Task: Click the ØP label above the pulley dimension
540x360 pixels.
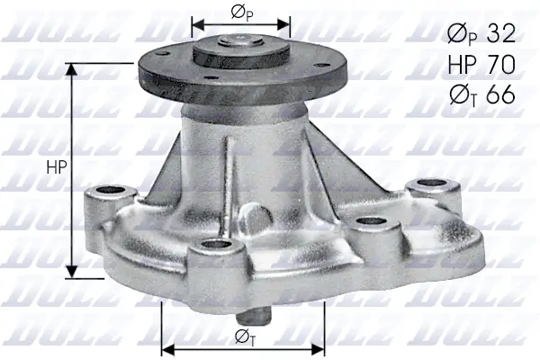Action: pos(240,13)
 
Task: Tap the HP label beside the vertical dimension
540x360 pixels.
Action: pos(55,166)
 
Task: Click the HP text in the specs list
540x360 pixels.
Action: pos(462,65)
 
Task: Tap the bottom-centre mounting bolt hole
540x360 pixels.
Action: pos(214,245)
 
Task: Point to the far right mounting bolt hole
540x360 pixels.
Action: pos(421,185)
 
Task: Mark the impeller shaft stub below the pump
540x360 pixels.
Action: pos(257,317)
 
